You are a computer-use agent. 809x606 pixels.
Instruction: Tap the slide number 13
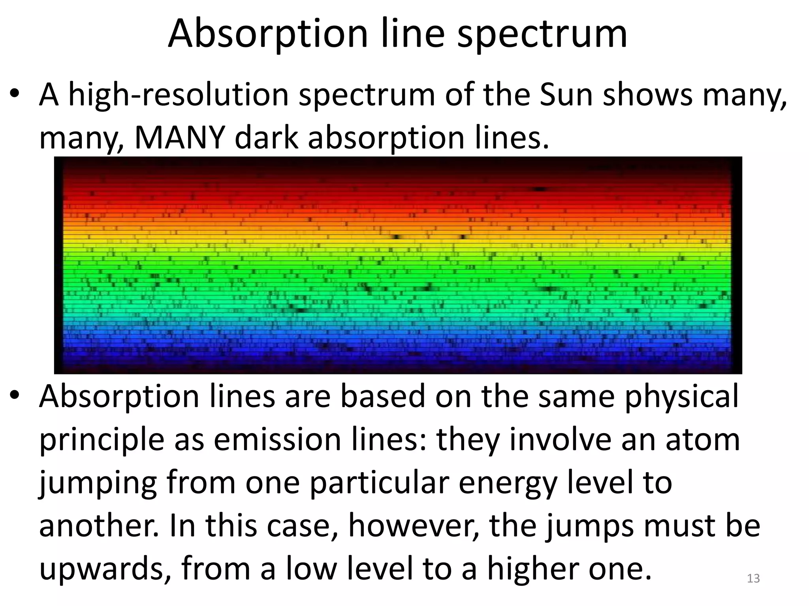pos(753,578)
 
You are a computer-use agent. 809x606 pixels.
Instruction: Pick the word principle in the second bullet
pos(102,440)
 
